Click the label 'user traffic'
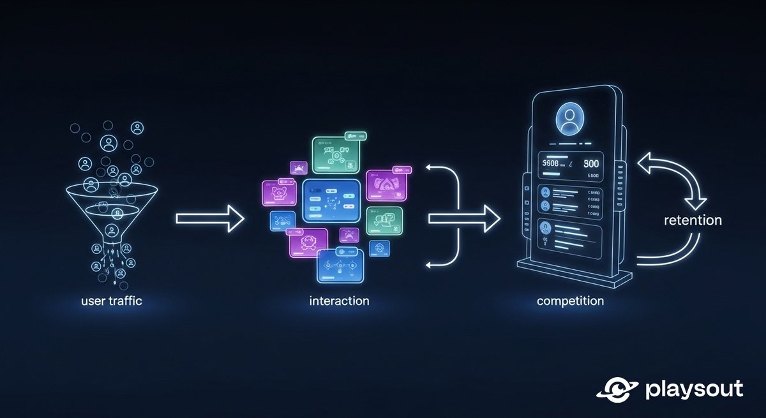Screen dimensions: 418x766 coord(112,301)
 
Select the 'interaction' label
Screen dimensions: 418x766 coord(339,301)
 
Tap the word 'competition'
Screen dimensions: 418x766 coord(570,301)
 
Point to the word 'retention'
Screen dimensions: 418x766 coord(693,221)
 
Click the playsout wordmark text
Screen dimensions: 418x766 coord(694,389)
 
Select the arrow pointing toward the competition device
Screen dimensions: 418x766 coord(463,218)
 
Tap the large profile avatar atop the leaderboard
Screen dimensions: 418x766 coord(569,120)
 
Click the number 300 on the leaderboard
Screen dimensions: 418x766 coord(590,163)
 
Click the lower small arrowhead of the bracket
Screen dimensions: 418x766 coord(430,264)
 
